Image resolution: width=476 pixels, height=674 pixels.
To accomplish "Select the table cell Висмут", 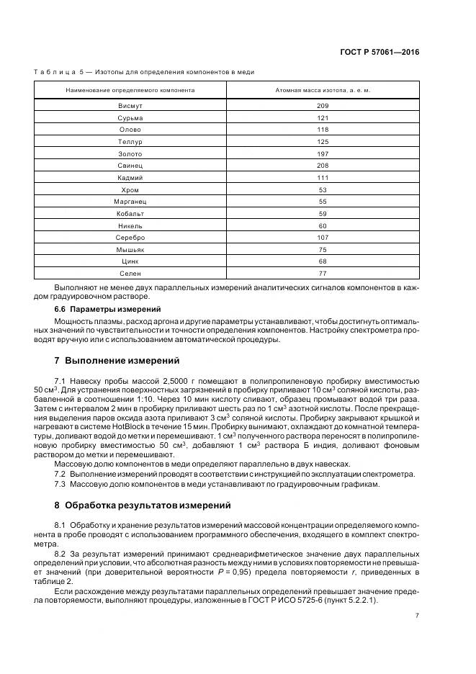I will (x=130, y=105).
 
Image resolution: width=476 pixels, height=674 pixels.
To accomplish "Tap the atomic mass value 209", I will (x=322, y=105).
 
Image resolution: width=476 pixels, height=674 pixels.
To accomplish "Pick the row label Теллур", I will (x=130, y=141).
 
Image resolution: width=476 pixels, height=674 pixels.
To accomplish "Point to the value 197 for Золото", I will (x=322, y=153).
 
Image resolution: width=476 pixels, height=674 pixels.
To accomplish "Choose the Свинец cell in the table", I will (x=130, y=166).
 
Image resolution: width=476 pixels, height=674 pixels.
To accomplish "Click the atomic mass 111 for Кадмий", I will (x=322, y=177).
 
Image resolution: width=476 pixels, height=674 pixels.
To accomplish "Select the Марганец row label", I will (x=130, y=202).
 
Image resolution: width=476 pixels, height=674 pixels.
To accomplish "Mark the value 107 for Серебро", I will (x=322, y=238).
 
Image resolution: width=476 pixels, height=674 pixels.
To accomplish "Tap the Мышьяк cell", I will (x=130, y=249).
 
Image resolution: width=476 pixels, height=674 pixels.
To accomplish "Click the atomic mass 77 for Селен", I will (x=322, y=274).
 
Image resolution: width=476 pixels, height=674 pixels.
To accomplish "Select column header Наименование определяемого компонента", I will (x=130, y=90).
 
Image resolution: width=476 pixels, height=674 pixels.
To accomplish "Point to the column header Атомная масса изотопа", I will (x=322, y=90).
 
